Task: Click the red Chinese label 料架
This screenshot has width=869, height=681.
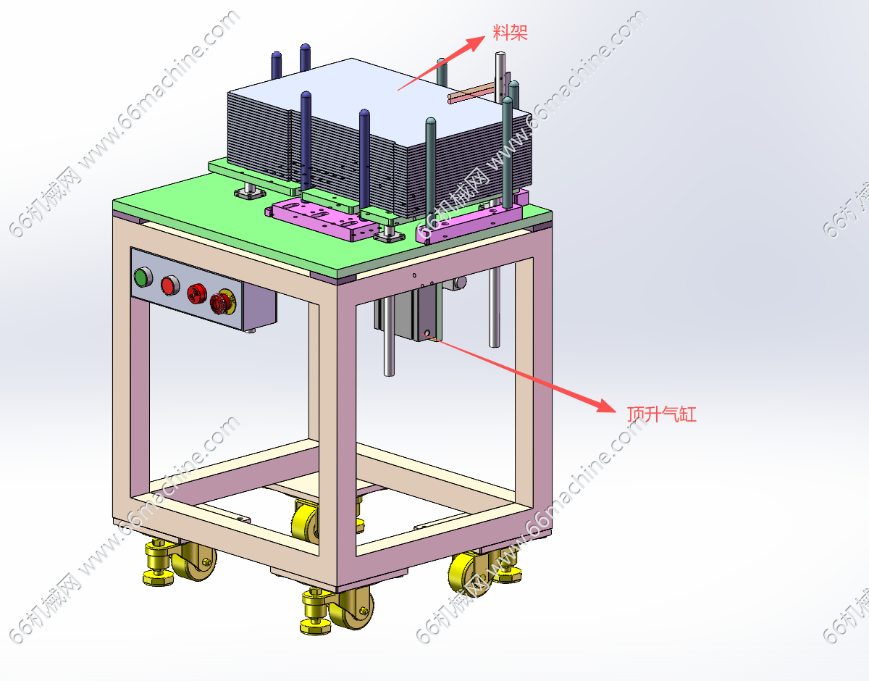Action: pyautogui.click(x=510, y=33)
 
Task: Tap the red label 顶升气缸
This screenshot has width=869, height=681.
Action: pyautogui.click(x=661, y=414)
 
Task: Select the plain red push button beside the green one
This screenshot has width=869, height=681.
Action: pyautogui.click(x=170, y=285)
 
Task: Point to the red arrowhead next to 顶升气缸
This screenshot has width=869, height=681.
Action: pyautogui.click(x=606, y=406)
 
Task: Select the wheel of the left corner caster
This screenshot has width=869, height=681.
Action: pyautogui.click(x=197, y=561)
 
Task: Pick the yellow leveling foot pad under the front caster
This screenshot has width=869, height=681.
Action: pyautogui.click(x=316, y=626)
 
